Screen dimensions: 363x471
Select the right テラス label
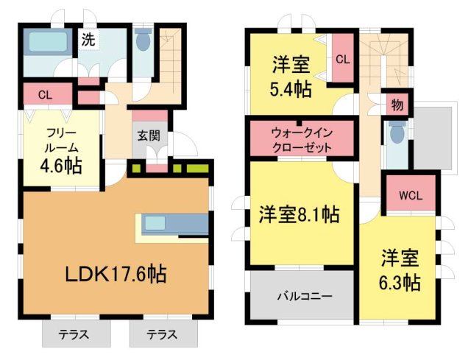pyautogui.click(x=161, y=334)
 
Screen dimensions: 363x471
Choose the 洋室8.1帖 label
pyautogui.click(x=298, y=215)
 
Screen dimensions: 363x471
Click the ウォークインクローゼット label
pyautogui.click(x=301, y=140)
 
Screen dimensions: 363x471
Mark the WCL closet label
pyautogui.click(x=410, y=196)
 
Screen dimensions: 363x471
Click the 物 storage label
pyautogui.click(x=397, y=105)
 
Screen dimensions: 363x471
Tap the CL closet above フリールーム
pyautogui.click(x=45, y=94)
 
